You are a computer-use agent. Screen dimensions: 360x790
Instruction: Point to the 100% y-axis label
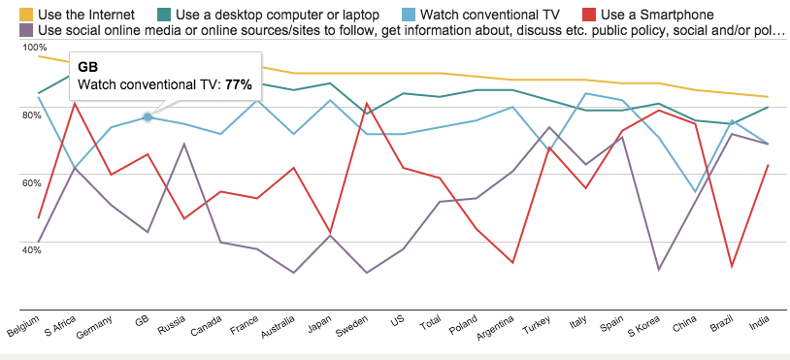point(34,48)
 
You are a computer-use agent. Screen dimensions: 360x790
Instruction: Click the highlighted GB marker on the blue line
point(148,116)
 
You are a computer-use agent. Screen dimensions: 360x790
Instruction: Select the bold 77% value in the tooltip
point(239,84)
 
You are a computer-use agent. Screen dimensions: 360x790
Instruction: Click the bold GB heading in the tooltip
point(87,67)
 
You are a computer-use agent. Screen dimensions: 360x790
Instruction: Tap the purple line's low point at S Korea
point(659,269)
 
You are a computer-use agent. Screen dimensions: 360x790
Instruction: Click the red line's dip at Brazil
point(730,266)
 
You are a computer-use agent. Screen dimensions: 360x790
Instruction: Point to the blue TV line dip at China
point(695,191)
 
